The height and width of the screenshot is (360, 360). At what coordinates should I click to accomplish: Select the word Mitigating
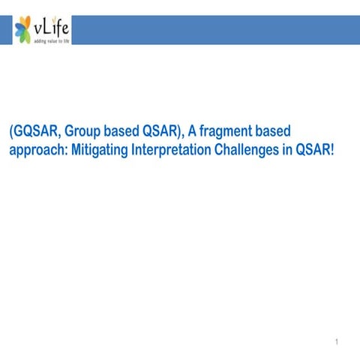[99, 148]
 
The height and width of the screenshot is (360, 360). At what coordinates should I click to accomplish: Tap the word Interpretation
[175, 148]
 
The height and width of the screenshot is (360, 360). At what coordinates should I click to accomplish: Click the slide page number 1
[338, 343]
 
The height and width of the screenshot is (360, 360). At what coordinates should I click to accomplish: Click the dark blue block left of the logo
[6, 29]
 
